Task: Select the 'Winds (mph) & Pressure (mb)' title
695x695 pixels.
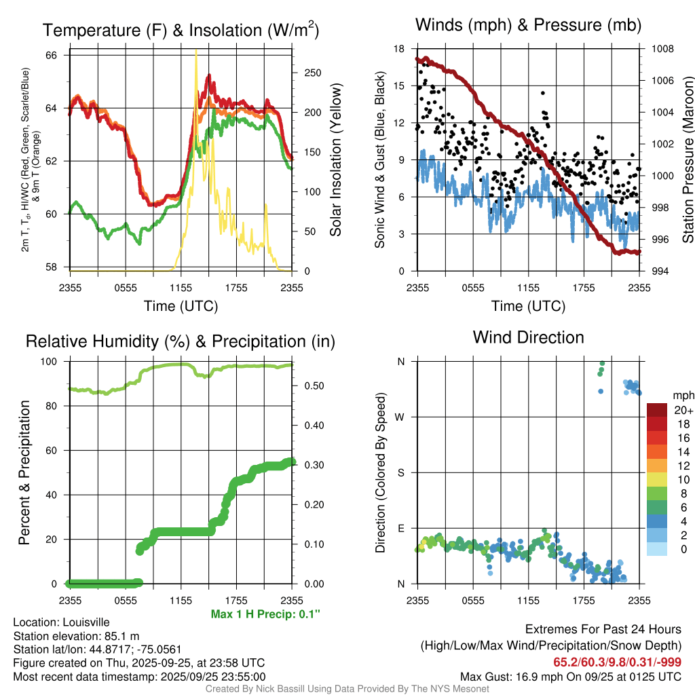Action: point(528,26)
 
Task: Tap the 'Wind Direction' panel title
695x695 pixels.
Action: point(528,337)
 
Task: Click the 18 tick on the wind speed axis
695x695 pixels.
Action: point(399,49)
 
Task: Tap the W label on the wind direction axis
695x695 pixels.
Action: point(400,417)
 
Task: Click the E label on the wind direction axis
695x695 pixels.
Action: point(400,528)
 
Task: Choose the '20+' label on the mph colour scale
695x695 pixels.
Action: point(683,410)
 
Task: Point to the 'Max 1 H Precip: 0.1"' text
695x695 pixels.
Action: point(265,614)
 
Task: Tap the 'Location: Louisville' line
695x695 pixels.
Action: point(61,622)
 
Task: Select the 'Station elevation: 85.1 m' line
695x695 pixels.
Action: point(76,636)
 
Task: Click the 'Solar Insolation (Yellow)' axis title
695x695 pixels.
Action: point(335,160)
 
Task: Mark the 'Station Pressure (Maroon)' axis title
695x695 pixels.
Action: point(687,160)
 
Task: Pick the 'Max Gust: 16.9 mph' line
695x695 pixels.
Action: point(570,676)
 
